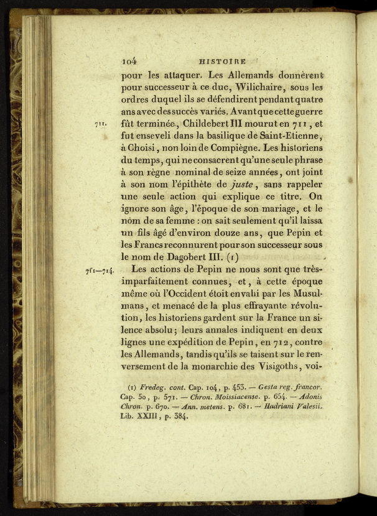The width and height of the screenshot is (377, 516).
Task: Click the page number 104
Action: pyautogui.click(x=129, y=61)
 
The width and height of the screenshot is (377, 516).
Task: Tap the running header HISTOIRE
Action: pyautogui.click(x=222, y=62)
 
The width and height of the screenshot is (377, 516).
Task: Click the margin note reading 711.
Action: pyautogui.click(x=101, y=125)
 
